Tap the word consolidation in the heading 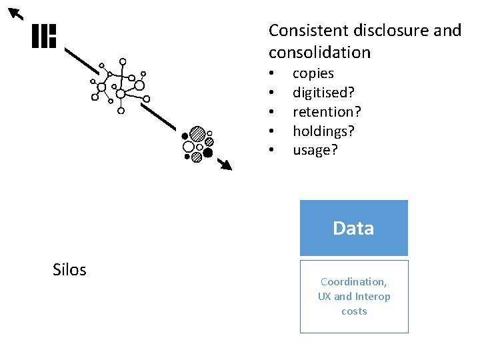[319, 52]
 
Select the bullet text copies [313, 73]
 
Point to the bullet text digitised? [323, 93]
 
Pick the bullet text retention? [326, 111]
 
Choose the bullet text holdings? [323, 131]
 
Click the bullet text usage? [315, 150]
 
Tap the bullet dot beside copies [271, 73]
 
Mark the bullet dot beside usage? [271, 150]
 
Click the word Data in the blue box [353, 229]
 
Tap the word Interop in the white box [373, 296]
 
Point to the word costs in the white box [354, 311]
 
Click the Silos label [69, 269]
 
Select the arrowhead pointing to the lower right [226, 165]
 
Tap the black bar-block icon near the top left [44, 36]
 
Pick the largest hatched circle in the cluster [197, 133]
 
